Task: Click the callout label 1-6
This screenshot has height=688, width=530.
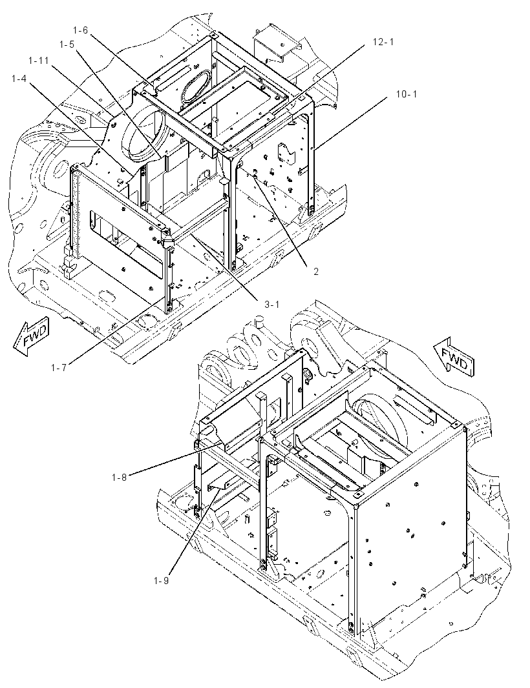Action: pyautogui.click(x=80, y=30)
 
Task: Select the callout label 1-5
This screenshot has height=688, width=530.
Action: pyautogui.click(x=67, y=44)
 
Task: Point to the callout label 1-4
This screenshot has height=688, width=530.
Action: pyautogui.click(x=19, y=79)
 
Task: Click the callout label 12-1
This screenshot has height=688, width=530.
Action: pyautogui.click(x=383, y=42)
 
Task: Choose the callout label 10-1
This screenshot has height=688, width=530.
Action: pyautogui.click(x=407, y=94)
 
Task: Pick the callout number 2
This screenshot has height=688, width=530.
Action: pyautogui.click(x=315, y=272)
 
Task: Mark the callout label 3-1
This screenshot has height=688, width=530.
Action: pyautogui.click(x=271, y=305)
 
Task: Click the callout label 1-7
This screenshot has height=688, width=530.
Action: pyautogui.click(x=58, y=368)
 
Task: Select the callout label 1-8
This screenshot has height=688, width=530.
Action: pyautogui.click(x=119, y=477)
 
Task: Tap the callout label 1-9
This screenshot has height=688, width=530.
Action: pyautogui.click(x=162, y=580)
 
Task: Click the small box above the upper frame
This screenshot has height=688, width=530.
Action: pyautogui.click(x=277, y=45)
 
